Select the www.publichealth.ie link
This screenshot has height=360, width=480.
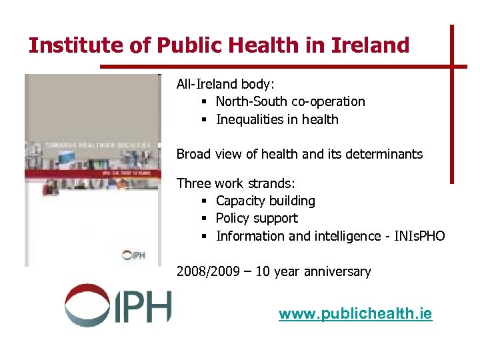pos(355,314)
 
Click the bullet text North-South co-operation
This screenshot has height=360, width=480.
pos(290,102)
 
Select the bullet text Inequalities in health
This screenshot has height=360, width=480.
pos(277,120)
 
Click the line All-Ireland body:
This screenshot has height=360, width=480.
pos(225,85)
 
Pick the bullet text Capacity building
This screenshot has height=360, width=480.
pos(265,201)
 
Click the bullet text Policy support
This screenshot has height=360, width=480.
pos(257,219)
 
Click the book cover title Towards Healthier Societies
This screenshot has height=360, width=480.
pos(93,143)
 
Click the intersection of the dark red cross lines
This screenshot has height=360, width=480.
pos(452,66)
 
